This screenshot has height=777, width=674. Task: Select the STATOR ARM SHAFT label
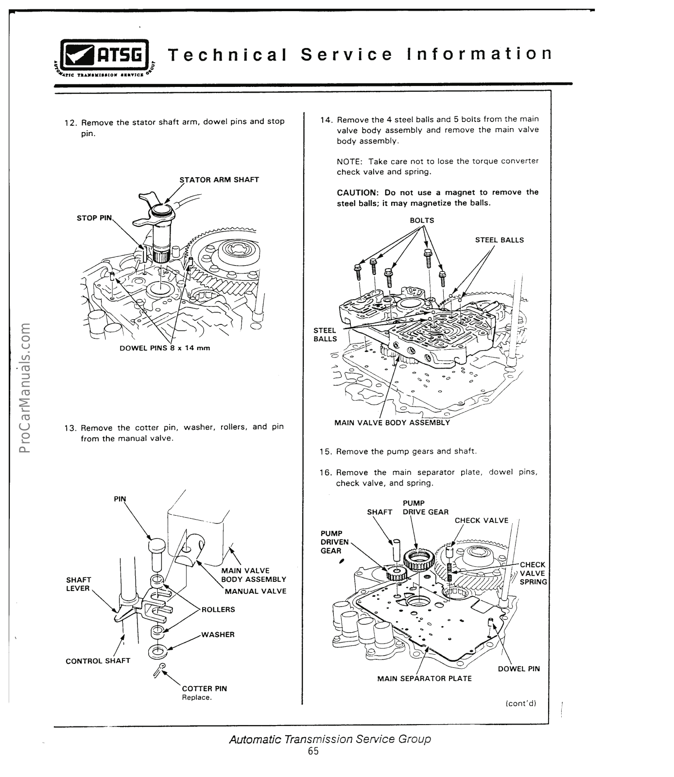click(x=219, y=180)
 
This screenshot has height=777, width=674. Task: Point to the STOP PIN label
click(x=94, y=218)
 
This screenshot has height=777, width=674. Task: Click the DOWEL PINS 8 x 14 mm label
click(x=165, y=348)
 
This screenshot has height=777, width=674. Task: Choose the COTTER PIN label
click(x=204, y=688)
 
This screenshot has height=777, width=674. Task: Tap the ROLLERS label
click(x=218, y=609)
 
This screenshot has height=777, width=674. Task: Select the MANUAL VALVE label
click(x=255, y=591)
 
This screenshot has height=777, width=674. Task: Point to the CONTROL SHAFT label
click(x=98, y=661)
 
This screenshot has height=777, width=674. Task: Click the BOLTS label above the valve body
click(x=422, y=220)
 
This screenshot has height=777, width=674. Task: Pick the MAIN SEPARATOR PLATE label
click(x=424, y=678)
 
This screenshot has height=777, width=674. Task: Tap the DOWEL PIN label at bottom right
click(x=519, y=669)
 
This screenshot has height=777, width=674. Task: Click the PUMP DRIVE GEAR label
click(x=425, y=507)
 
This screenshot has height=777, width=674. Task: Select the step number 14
click(x=326, y=119)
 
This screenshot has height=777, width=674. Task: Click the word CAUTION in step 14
click(x=358, y=192)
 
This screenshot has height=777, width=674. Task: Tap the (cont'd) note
click(x=520, y=703)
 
